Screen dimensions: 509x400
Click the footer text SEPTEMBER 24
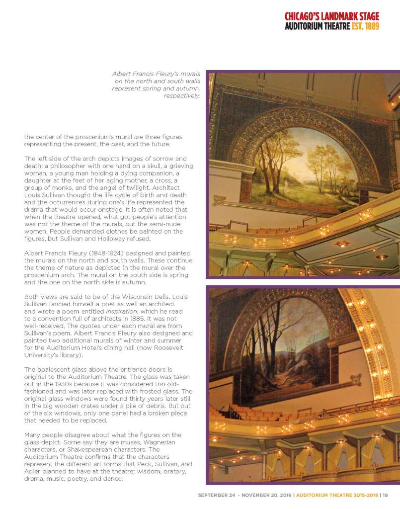(217, 495)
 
